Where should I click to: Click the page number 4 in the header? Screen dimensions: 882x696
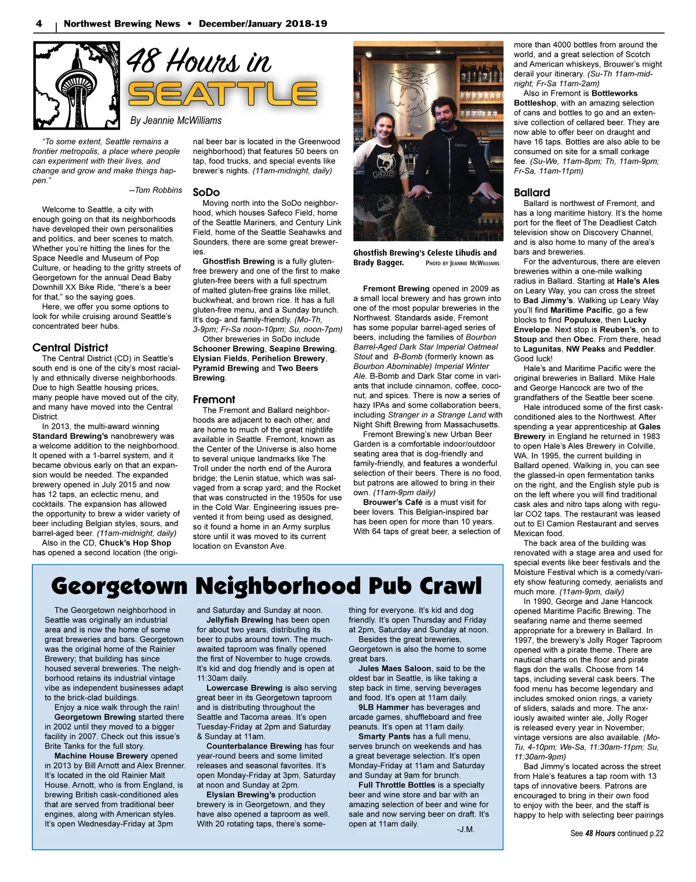coord(39,24)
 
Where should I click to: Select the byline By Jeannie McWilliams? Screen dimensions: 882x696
coord(176,121)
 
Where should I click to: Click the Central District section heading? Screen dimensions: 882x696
coord(70,348)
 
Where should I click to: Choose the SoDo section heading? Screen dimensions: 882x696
coord(206,192)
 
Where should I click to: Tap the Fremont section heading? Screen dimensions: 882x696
coord(214,400)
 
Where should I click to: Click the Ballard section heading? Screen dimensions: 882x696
coord(532,193)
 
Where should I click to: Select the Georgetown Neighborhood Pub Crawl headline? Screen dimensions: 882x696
coord(266,586)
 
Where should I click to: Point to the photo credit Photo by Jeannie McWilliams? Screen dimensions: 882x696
coord(462,263)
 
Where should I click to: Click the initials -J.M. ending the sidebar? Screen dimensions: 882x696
coord(466,830)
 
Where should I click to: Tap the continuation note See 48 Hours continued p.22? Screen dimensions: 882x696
coord(617,833)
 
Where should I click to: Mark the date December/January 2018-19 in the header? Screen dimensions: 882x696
coord(263,24)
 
